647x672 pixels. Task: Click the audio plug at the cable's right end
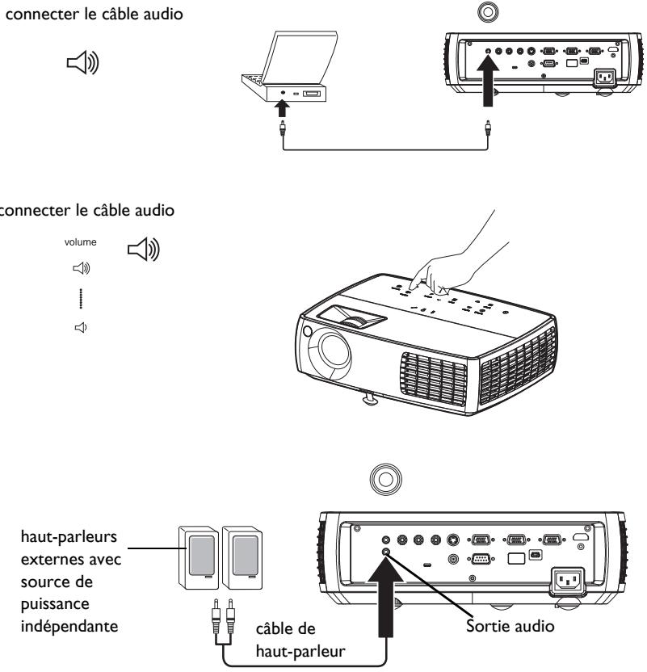[x=487, y=127]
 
